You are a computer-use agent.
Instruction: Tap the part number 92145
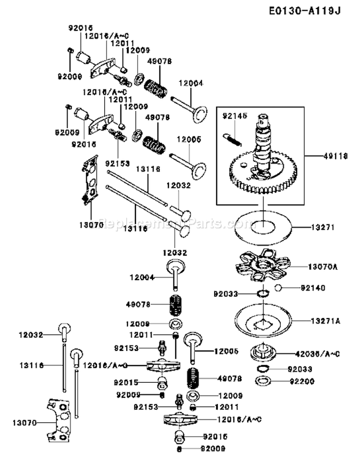[233, 116]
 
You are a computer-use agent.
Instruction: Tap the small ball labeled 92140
[277, 288]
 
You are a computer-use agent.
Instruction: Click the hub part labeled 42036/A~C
[263, 354]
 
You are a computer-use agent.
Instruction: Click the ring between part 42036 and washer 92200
[263, 368]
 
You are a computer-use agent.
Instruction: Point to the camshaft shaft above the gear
[264, 139]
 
